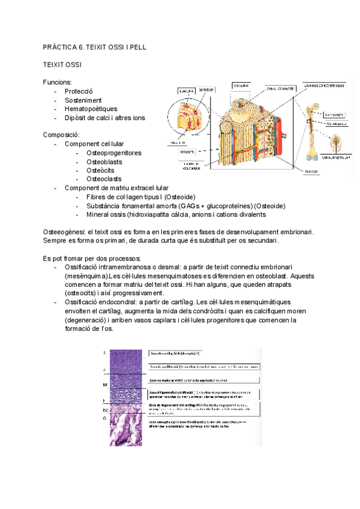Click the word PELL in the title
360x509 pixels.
tap(137, 46)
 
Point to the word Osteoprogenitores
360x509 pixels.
tap(114, 153)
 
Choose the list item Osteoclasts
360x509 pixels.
tap(104, 179)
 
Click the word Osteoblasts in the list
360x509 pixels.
tap(104, 161)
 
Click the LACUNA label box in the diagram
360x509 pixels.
tap(186, 91)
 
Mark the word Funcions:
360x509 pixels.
tap(58, 82)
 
